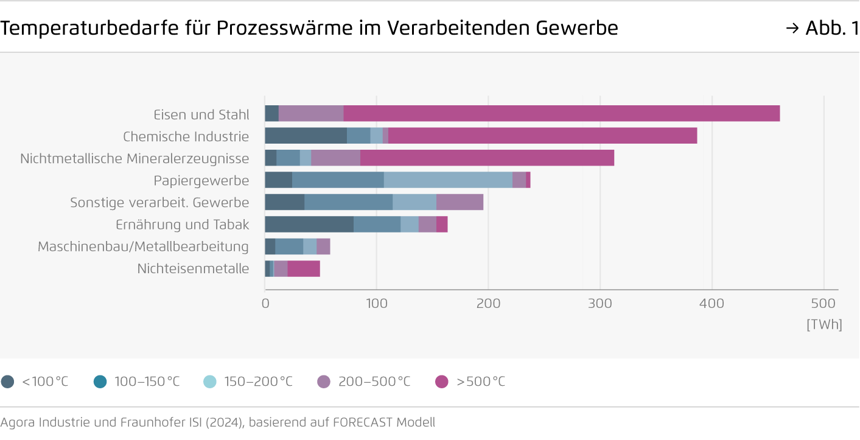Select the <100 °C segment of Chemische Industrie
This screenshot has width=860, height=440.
(306, 136)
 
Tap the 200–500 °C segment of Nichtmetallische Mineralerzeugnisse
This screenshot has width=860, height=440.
(335, 158)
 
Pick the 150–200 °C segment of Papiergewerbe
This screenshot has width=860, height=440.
(448, 180)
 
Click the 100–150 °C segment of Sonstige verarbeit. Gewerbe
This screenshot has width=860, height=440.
(348, 202)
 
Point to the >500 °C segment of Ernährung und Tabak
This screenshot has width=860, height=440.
(442, 225)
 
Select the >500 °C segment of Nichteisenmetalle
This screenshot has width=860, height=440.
(304, 268)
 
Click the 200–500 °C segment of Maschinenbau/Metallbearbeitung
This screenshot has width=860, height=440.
(323, 246)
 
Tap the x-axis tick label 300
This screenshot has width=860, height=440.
(600, 303)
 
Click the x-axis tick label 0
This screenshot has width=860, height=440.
(265, 303)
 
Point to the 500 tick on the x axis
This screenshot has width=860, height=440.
(823, 303)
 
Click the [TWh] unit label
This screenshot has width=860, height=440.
(824, 325)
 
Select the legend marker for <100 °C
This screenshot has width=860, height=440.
(8, 382)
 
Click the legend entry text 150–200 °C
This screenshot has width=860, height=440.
(258, 382)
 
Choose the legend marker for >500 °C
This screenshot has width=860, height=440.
(442, 382)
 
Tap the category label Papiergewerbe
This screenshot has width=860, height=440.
(201, 181)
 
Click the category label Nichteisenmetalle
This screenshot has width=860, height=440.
(193, 268)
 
